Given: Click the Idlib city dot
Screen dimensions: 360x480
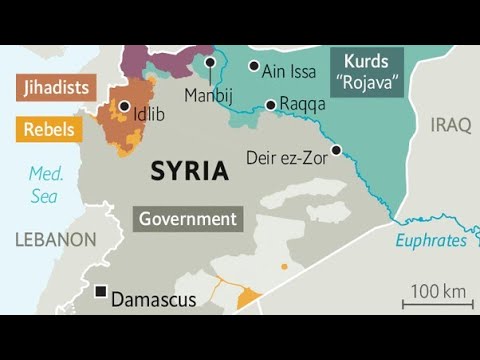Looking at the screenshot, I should click(x=124, y=106).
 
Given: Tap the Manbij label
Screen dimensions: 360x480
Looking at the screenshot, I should click(x=209, y=96).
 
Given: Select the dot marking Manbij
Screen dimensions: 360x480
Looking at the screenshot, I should click(x=210, y=62).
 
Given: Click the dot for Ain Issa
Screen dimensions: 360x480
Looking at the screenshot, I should click(x=253, y=66).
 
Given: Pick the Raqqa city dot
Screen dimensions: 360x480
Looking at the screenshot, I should click(x=270, y=105).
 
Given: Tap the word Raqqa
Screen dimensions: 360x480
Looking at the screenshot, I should click(x=301, y=104).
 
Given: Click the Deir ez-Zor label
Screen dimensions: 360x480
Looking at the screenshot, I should click(x=287, y=157).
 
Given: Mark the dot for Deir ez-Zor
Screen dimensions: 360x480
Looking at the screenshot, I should click(x=336, y=150).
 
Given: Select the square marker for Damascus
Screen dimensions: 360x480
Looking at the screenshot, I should click(x=100, y=293).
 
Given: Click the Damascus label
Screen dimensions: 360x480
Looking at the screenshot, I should click(x=153, y=299).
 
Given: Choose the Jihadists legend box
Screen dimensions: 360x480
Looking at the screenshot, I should click(x=56, y=87).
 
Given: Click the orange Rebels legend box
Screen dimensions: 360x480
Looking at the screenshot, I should click(x=48, y=129).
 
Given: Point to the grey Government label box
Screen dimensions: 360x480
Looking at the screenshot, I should click(x=188, y=219).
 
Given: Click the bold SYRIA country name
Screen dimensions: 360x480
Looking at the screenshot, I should click(x=189, y=171).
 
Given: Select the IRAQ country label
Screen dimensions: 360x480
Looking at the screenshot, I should click(x=450, y=125).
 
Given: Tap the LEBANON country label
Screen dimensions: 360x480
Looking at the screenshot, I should click(x=55, y=240).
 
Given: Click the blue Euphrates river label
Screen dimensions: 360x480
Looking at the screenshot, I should click(x=431, y=240).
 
